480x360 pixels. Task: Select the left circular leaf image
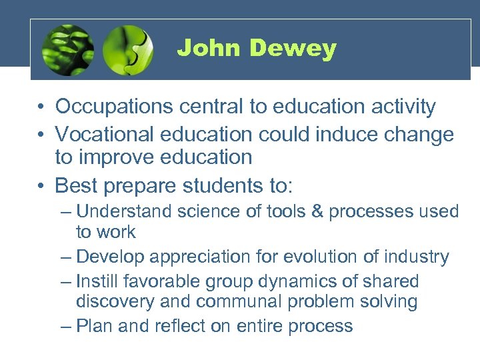pos(67,51)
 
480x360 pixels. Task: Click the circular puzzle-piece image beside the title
pos(128,51)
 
